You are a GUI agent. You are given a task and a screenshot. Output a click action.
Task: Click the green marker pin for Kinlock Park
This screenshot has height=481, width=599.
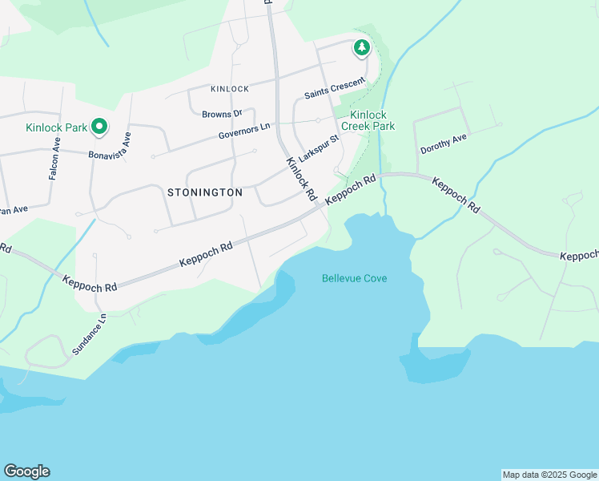click(x=99, y=126)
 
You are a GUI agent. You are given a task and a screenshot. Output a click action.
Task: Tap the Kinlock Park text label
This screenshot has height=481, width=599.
click(x=56, y=127)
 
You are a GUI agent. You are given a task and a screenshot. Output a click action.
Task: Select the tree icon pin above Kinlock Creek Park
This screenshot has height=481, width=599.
click(x=362, y=49)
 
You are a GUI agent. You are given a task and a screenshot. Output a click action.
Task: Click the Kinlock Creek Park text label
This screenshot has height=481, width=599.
click(x=368, y=120)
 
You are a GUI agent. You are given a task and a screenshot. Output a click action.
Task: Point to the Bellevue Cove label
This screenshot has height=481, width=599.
click(x=354, y=278)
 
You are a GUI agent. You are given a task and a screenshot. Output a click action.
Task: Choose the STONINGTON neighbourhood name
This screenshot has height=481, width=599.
click(x=205, y=192)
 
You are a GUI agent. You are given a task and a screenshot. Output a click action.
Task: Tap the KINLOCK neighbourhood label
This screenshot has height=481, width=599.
click(x=230, y=89)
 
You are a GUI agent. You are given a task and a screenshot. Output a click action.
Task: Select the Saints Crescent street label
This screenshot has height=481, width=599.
click(x=334, y=89)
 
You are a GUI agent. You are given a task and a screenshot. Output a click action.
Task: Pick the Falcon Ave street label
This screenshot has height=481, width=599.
click(x=54, y=157)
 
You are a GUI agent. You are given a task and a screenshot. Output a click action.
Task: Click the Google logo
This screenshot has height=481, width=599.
click(x=26, y=471)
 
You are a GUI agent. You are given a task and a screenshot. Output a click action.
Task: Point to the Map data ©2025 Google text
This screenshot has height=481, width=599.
click(x=549, y=475)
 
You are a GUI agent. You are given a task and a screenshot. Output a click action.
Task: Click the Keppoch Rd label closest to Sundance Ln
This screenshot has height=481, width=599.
click(x=90, y=281)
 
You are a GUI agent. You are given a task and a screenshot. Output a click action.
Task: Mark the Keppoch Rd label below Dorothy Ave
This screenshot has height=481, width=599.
click(x=456, y=195)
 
